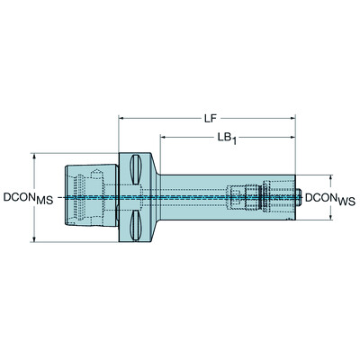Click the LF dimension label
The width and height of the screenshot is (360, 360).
coord(208,117)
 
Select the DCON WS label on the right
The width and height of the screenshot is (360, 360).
coord(330,197)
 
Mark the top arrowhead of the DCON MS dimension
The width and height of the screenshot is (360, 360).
coord(34,154)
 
